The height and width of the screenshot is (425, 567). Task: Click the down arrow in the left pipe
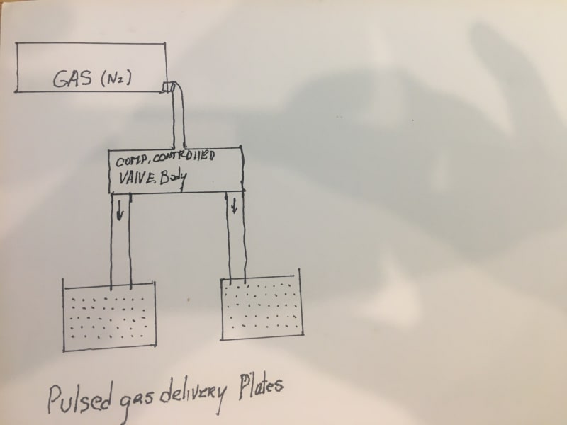(120, 210)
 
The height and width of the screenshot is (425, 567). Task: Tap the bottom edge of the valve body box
(176, 192)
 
